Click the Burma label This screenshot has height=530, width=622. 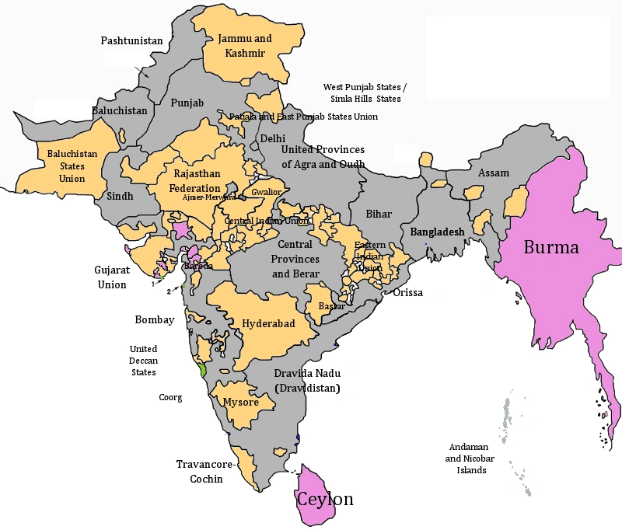pos(550,248)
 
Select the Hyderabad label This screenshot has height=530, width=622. pos(268,323)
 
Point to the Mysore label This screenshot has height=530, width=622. pos(241,402)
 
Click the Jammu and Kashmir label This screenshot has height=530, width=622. pos(245,45)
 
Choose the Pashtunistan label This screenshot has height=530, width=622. pos(131,40)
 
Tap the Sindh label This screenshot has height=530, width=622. pos(121,196)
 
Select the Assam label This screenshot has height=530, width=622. pos(493,173)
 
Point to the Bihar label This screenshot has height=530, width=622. pos(379,214)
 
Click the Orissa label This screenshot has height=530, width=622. pos(408,293)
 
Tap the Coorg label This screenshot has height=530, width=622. pos(169,397)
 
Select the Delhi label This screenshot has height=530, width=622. pos(272,138)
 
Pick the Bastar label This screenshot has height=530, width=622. pos(332,306)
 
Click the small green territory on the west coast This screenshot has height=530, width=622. pos(202,370)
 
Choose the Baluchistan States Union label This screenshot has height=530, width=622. pos(72,166)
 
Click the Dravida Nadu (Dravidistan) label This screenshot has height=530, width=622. pos(307,380)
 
